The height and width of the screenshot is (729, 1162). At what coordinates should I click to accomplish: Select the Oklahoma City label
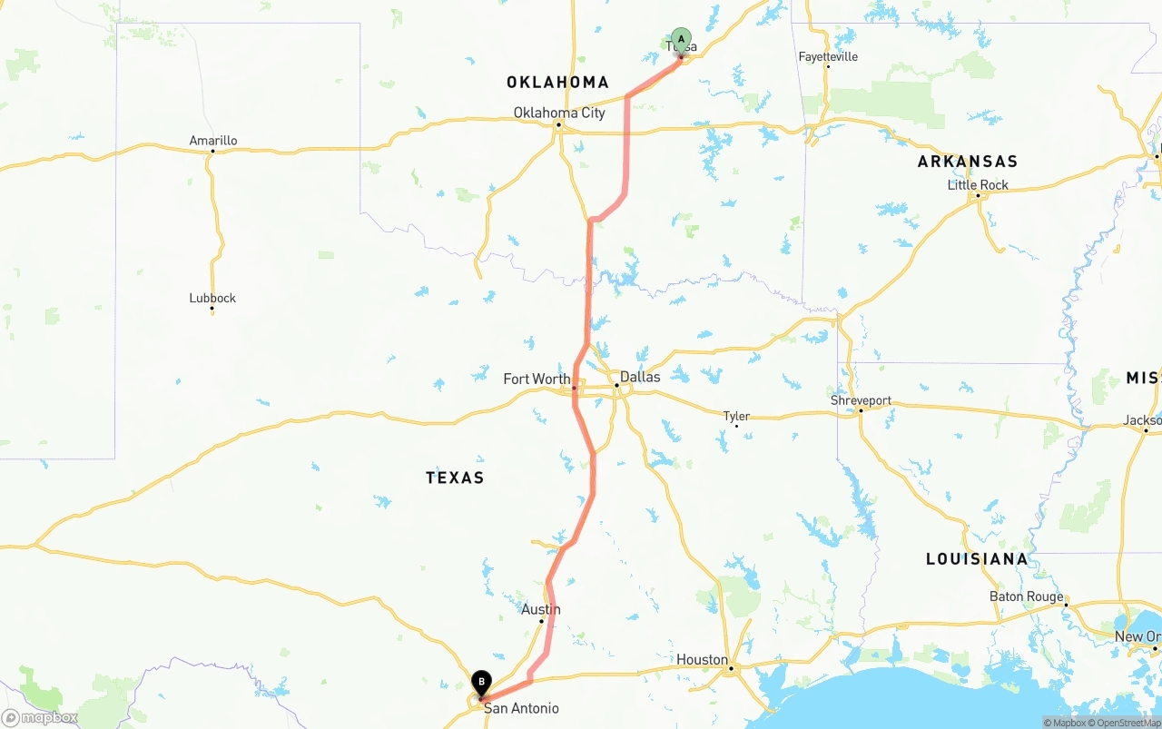pos(559,113)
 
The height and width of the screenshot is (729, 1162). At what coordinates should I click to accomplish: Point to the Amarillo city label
pos(213,141)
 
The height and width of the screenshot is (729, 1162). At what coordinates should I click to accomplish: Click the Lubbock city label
pos(212,298)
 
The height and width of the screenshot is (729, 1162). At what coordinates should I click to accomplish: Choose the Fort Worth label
pos(537,379)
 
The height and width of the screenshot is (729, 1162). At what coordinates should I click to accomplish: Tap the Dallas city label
pos(640,377)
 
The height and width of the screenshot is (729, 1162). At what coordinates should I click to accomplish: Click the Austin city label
pos(541,609)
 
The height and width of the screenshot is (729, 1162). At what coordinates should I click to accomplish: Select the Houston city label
pos(702,659)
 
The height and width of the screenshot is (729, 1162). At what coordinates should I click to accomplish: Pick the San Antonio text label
pos(521,708)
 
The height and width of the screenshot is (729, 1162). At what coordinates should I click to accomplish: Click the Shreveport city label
pos(861,400)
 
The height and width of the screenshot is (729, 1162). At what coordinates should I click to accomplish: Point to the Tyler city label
pos(736,416)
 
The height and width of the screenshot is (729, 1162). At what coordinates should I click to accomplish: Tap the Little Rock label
pos(978,184)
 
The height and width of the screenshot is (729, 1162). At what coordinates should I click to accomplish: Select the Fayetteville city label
pos(828,56)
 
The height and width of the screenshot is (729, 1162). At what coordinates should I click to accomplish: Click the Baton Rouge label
pos(1026,596)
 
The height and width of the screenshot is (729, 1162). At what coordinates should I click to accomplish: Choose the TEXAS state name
pos(455,478)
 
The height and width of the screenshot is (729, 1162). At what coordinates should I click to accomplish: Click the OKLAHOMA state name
pos(557,83)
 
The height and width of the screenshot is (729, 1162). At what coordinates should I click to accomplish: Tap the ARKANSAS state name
pos(968,162)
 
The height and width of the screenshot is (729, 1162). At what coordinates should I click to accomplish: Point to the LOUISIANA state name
pos(977,559)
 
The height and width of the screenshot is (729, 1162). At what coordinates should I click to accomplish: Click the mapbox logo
pos(40,718)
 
